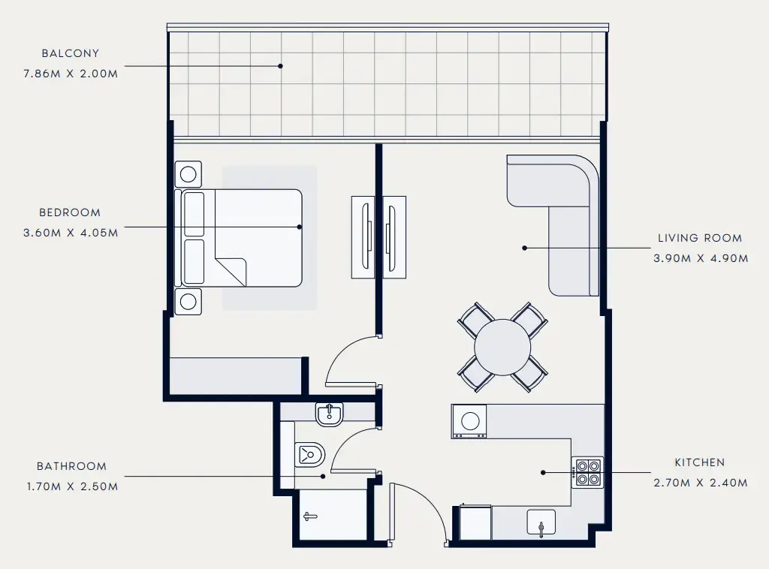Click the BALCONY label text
pos(71,53)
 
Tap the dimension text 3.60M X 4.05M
pos(71,233)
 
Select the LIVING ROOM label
pos(699,238)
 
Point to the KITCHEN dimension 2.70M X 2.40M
pos(699,483)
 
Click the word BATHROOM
pos(71,466)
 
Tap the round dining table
pos(502,347)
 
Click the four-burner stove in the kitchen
pos(587,471)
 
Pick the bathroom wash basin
pos(329,414)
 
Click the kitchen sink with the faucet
pos(541,523)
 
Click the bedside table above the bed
pos(188,175)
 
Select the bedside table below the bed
pos(188,302)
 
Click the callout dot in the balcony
pos(280,66)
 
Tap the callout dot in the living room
pos(524,247)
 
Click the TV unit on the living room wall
pos(394,237)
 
